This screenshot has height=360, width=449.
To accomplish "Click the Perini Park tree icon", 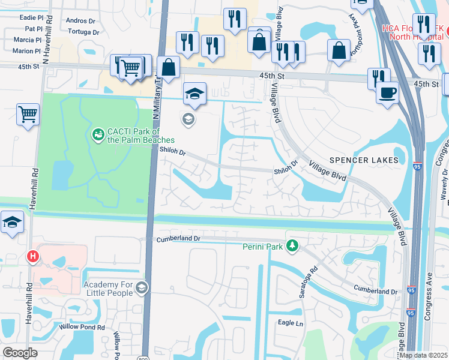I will (292, 245).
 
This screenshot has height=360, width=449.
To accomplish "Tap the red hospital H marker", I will (33, 257).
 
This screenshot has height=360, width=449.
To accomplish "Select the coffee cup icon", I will (387, 92).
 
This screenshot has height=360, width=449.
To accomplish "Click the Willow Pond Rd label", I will (82, 328).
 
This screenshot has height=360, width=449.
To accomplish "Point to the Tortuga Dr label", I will (83, 31).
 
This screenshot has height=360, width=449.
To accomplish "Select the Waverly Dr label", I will (444, 179).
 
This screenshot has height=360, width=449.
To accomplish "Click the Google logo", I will (20, 353).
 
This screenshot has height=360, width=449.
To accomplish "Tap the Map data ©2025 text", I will (423, 355).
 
